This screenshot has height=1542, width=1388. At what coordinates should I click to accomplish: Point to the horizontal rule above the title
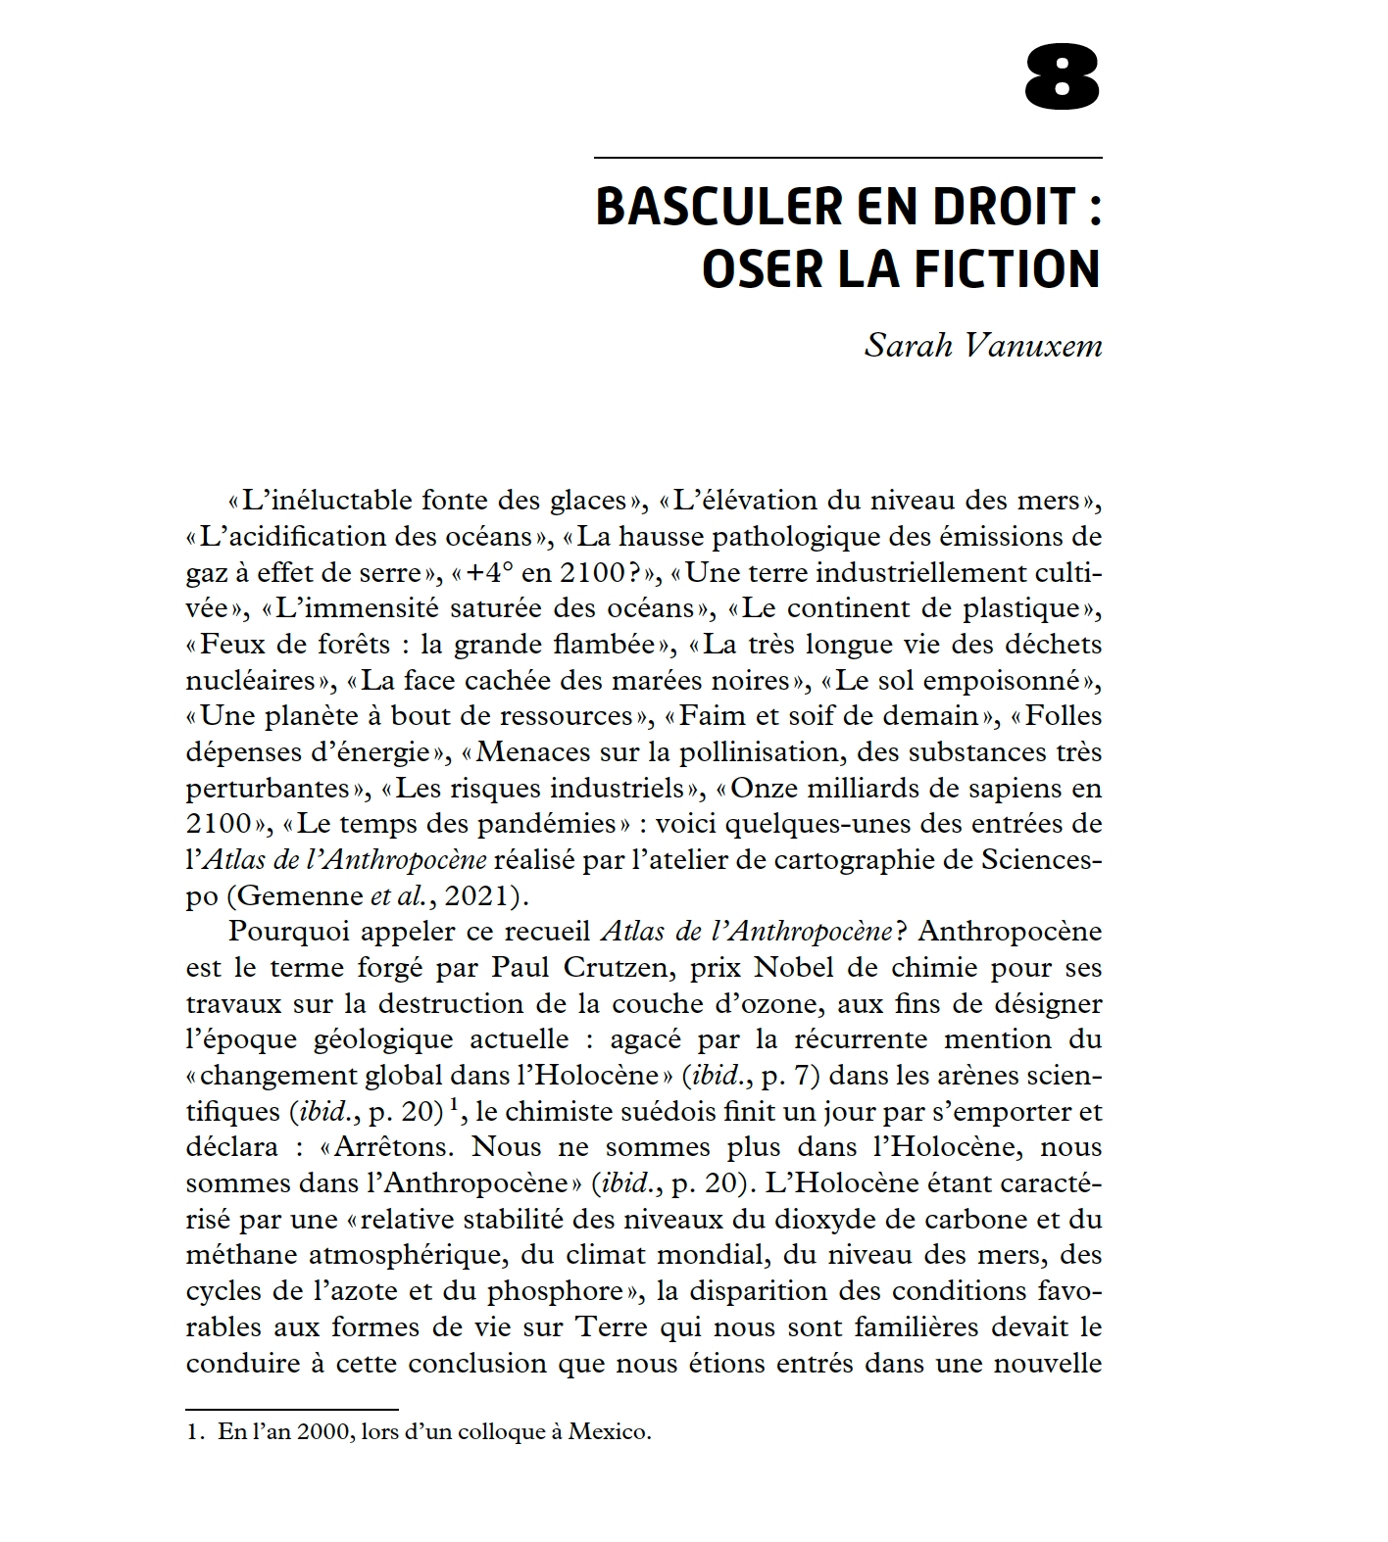pyautogui.click(x=848, y=158)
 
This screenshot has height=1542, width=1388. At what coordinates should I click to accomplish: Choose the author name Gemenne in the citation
pyautogui.click(x=299, y=896)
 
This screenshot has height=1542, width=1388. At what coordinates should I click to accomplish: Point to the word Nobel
pyautogui.click(x=785, y=968)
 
